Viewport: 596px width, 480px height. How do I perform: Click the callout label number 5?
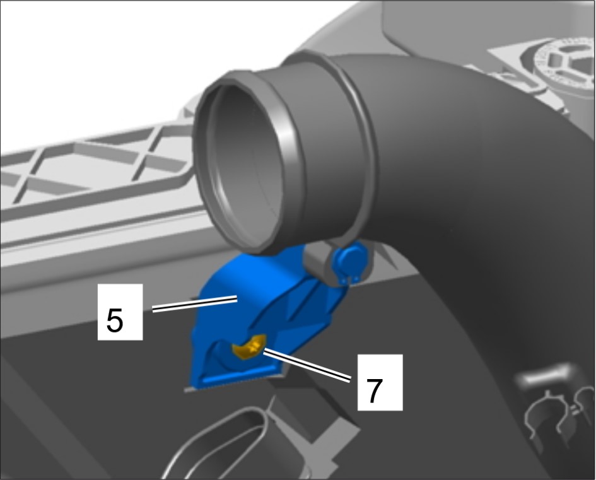click(115, 320)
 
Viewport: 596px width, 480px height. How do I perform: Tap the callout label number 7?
click(375, 390)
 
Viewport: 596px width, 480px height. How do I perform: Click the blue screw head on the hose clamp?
click(349, 260)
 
